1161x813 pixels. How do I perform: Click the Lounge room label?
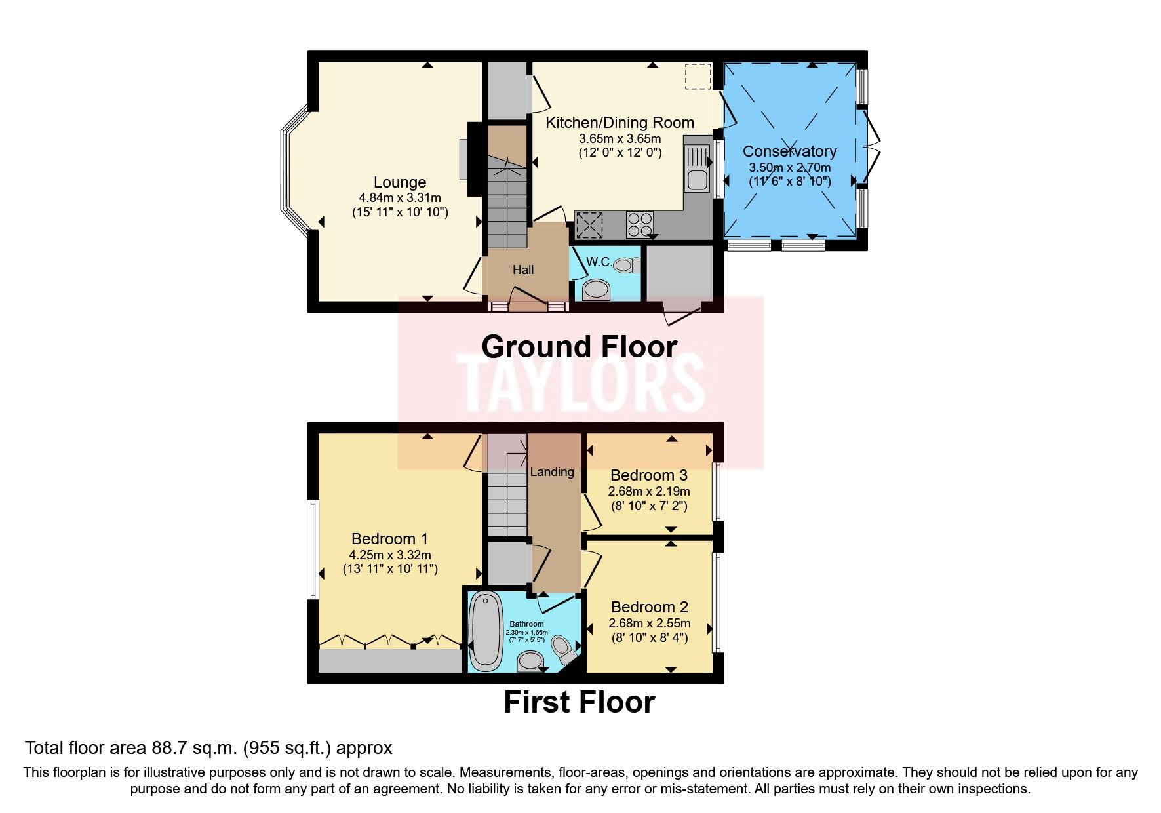coord(399,182)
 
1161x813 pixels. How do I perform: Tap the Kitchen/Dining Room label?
coord(620,123)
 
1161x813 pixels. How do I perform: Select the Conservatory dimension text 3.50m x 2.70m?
coord(790,167)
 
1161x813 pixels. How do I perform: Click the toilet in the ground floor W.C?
coord(626,265)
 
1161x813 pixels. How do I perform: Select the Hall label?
coord(522,269)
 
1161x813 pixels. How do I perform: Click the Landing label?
coord(551,471)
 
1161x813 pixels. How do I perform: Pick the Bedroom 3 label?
coord(648,475)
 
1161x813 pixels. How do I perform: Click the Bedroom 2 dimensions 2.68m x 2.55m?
coord(649,623)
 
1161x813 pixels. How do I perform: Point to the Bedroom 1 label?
coord(389,539)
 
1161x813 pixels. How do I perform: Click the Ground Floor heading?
coord(579,347)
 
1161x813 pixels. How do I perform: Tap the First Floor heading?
coord(579,702)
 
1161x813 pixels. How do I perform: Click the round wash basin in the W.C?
coord(595,289)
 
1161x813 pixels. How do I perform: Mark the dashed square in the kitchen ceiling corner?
coord(698,76)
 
